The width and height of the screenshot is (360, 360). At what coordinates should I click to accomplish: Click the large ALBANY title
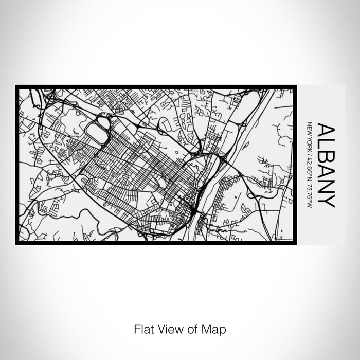pos(326,165)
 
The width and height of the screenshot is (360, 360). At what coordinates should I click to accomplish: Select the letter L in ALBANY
pos(326,143)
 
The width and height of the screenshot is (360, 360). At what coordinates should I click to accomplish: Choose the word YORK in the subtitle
pos(309,141)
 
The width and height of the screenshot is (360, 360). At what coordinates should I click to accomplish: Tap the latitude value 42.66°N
pos(309,165)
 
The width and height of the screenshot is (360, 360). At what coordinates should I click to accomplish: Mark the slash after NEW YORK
pos(309,150)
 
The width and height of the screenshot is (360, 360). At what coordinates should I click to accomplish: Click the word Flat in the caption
pos(143,328)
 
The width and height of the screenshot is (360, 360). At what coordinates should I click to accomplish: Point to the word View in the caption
pos(169,328)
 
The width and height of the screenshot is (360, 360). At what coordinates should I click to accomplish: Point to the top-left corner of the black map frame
pos(16,86)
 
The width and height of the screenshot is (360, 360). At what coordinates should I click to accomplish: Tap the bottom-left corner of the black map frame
pos(16,243)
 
